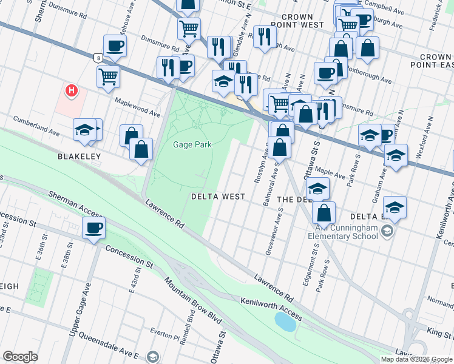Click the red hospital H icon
point(72,92)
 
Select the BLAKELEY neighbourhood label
point(78,156)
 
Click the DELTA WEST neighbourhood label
point(219,197)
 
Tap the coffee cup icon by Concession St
point(93,228)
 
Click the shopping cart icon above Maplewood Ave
point(108,76)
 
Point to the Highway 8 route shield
point(98,58)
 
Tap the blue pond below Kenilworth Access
point(286,321)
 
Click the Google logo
point(21,357)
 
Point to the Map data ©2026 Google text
point(416,359)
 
